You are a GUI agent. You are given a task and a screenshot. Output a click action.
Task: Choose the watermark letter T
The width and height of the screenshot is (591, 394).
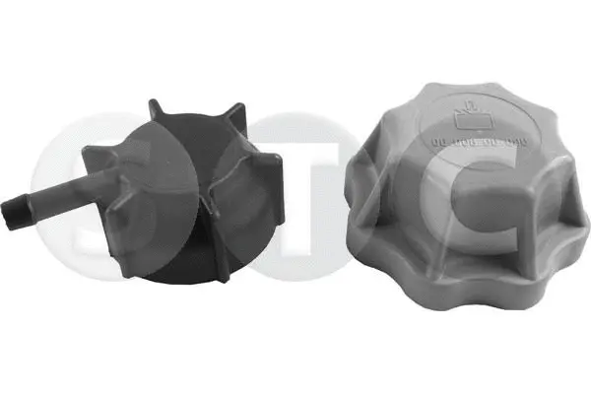pos(295,187)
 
